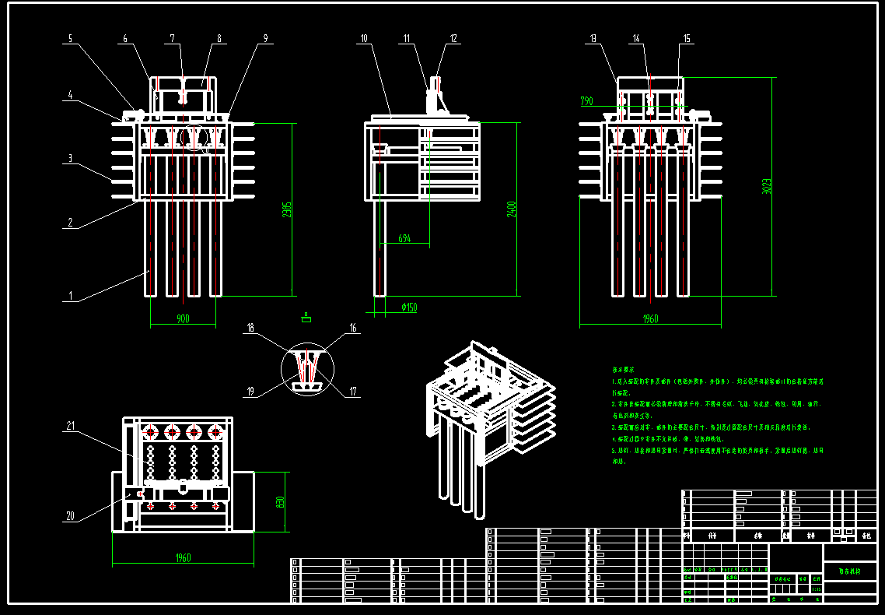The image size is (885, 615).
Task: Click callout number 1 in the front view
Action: click(71, 296)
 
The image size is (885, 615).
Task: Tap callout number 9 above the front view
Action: click(265, 37)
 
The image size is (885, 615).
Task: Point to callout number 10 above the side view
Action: click(363, 37)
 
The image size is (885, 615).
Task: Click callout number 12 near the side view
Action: click(453, 37)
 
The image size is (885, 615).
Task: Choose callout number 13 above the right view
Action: click(593, 37)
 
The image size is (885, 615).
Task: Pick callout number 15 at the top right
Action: click(686, 37)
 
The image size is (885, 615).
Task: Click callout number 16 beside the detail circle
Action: click(353, 329)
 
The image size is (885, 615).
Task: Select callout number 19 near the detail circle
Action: click(250, 392)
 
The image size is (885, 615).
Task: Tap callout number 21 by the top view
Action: click(70, 426)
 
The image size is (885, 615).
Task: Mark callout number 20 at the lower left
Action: click(70, 515)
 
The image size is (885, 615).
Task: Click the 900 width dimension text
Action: click(183, 318)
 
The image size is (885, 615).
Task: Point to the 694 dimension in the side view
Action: click(404, 239)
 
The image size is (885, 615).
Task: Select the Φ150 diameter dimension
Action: click(409, 307)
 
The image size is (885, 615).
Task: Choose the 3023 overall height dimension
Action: click(766, 187)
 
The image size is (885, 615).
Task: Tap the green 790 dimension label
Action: click(586, 100)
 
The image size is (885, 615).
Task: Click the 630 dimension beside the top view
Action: click(280, 503)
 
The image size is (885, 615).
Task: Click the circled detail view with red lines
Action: click(306, 370)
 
